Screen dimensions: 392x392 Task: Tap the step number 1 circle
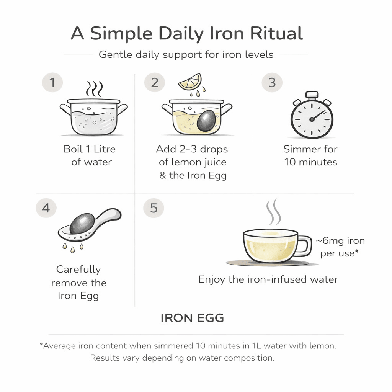pos(52,83)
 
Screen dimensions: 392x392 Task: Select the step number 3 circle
pos(271,83)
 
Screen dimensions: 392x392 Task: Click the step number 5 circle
pos(153,208)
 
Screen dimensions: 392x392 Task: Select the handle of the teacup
pos(304,246)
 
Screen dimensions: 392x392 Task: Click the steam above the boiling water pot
pos(94,88)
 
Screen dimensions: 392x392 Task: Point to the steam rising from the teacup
pos(273,212)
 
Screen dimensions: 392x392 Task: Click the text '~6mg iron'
pos(340,241)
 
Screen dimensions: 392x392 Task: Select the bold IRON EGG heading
pos(192,318)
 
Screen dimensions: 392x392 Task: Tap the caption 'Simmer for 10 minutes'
pos(310,155)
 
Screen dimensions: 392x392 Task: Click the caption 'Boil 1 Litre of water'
pos(90,155)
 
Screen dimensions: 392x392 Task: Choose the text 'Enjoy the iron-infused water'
pos(268,279)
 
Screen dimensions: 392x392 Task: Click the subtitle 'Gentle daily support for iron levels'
pos(186,54)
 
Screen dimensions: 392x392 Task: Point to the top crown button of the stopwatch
pos(312,94)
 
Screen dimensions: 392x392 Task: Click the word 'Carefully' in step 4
pos(78,269)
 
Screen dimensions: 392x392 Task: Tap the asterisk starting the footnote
pos(41,345)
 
